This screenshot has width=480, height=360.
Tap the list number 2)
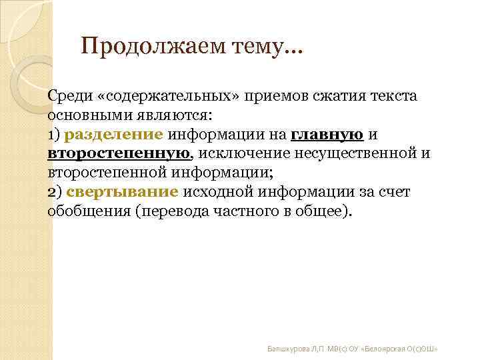tap(55, 193)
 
